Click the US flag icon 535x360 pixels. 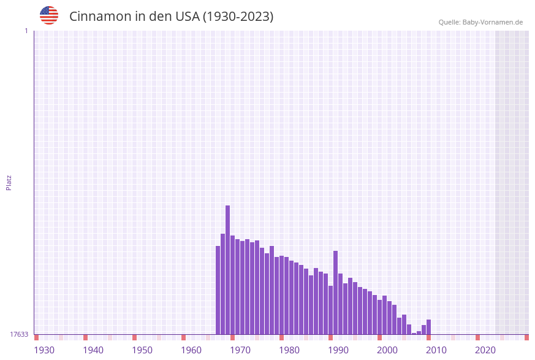tap(49, 15)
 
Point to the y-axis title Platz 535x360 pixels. tap(9, 182)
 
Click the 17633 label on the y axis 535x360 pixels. tap(19, 334)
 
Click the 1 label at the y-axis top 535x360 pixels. tap(26, 31)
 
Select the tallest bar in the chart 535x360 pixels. tap(228, 270)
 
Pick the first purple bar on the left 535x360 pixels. tap(218, 290)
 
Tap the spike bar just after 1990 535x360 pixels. tap(336, 293)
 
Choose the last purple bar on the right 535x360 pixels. tap(429, 327)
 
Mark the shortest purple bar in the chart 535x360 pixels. tap(414, 334)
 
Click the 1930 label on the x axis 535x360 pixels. tap(44, 350)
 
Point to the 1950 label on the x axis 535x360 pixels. tap(142, 350)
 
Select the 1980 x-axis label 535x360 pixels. tap(289, 350)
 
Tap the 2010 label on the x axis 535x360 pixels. tap(436, 350)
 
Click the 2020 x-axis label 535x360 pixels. tap(485, 350)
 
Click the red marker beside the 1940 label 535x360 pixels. tap(86, 337)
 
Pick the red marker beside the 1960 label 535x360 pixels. tap(184, 337)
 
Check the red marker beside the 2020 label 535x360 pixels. tap(478, 337)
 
